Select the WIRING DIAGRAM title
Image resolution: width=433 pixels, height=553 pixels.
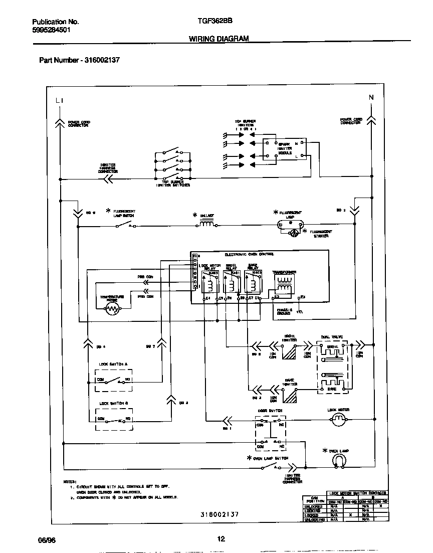coord(219,39)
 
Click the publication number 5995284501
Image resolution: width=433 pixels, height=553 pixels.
coord(51,30)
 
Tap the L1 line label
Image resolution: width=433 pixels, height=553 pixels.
coord(60,101)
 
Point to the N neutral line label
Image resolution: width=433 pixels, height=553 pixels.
coord(371,97)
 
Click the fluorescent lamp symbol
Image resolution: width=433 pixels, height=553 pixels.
coord(291,225)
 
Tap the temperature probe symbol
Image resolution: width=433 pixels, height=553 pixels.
coord(111,309)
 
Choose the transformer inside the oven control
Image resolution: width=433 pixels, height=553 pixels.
coord(284,285)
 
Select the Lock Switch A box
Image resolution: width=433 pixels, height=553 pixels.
coord(114,381)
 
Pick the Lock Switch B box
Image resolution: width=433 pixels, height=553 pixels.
coord(114,420)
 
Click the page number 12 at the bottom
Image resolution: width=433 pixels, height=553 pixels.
coord(221,539)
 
